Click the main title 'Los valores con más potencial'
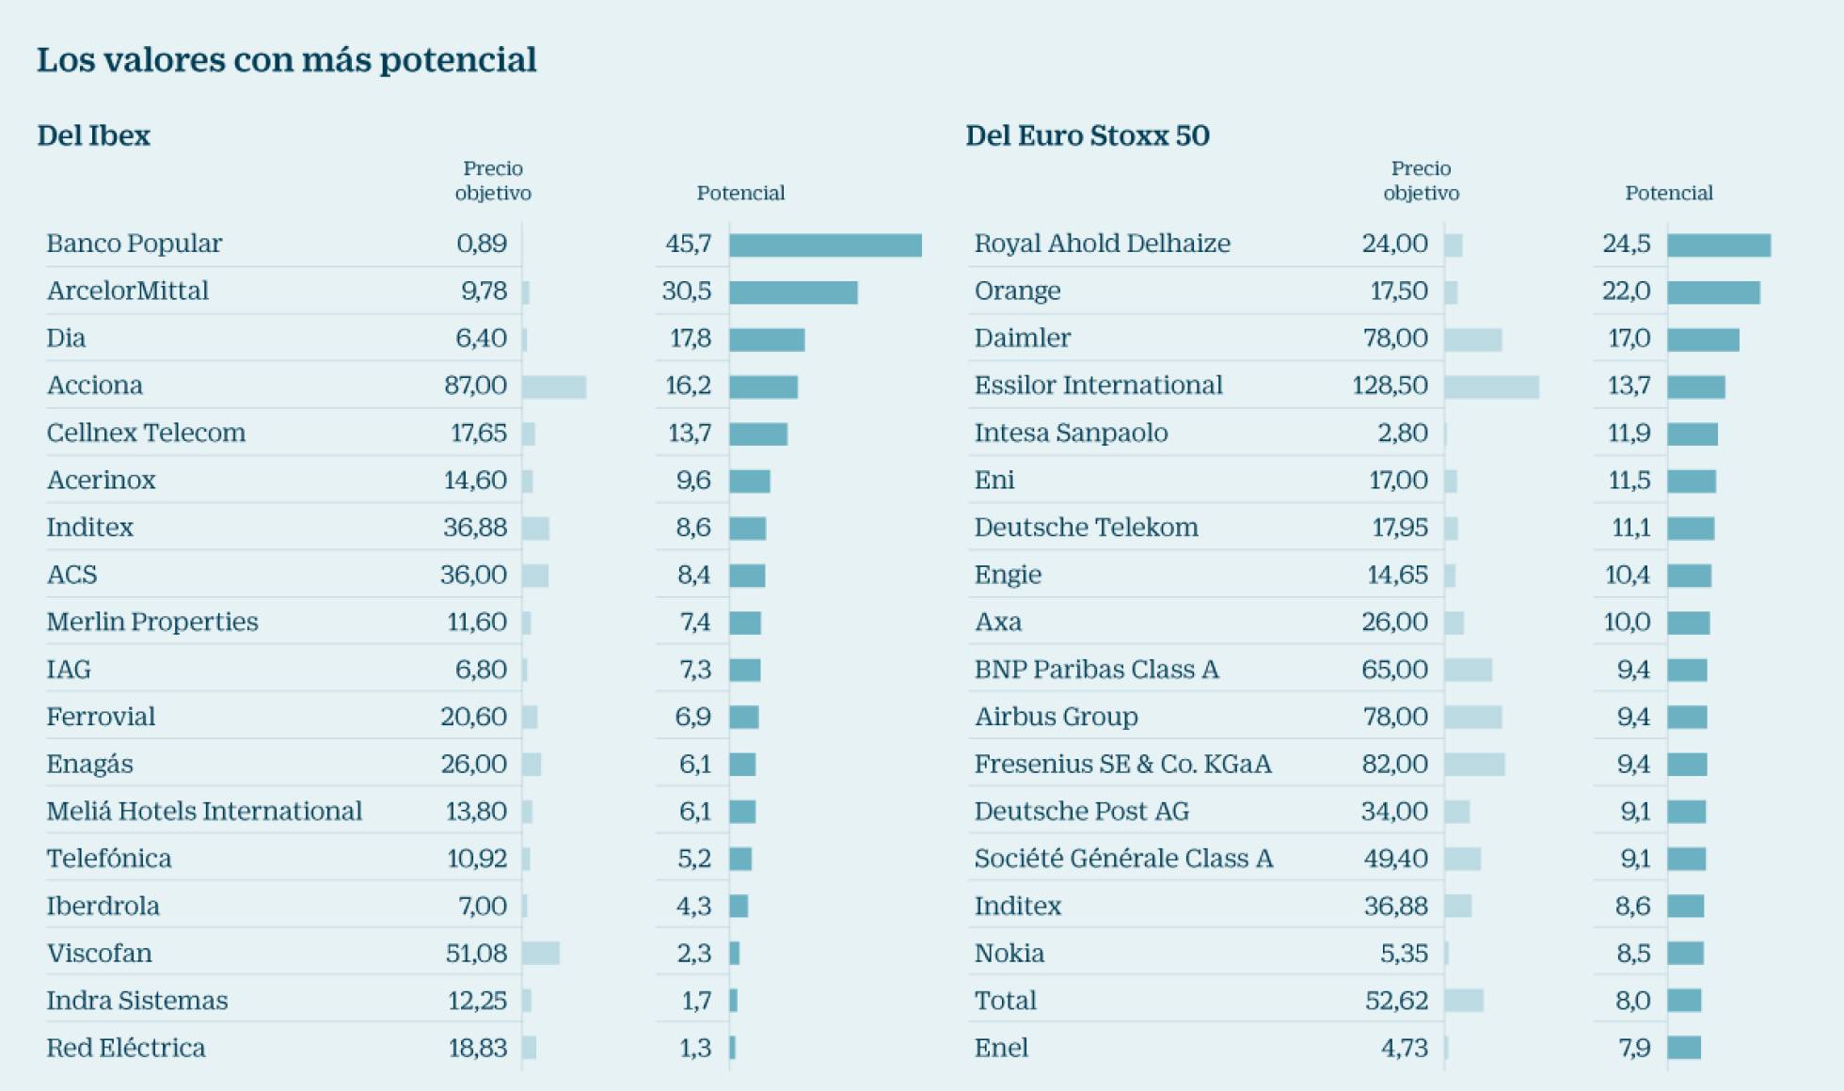tap(286, 60)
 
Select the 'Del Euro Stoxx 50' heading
tap(1087, 135)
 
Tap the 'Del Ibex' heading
tap(93, 135)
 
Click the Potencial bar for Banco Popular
tap(825, 245)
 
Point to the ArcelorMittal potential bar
tap(793, 293)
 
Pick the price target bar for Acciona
tap(554, 387)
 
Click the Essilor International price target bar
tap(1491, 387)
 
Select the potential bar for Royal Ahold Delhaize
tap(1719, 245)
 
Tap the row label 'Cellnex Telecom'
tap(146, 433)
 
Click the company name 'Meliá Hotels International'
tap(204, 811)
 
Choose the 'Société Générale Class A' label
tap(1123, 859)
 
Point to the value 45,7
tap(688, 244)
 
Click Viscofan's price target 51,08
tap(476, 953)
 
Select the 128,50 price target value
tap(1390, 385)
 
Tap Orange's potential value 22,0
tap(1626, 291)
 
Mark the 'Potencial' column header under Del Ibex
tap(740, 193)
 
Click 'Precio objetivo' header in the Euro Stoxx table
tap(1421, 181)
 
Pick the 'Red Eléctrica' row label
tap(126, 1048)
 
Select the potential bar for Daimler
tap(1703, 340)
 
